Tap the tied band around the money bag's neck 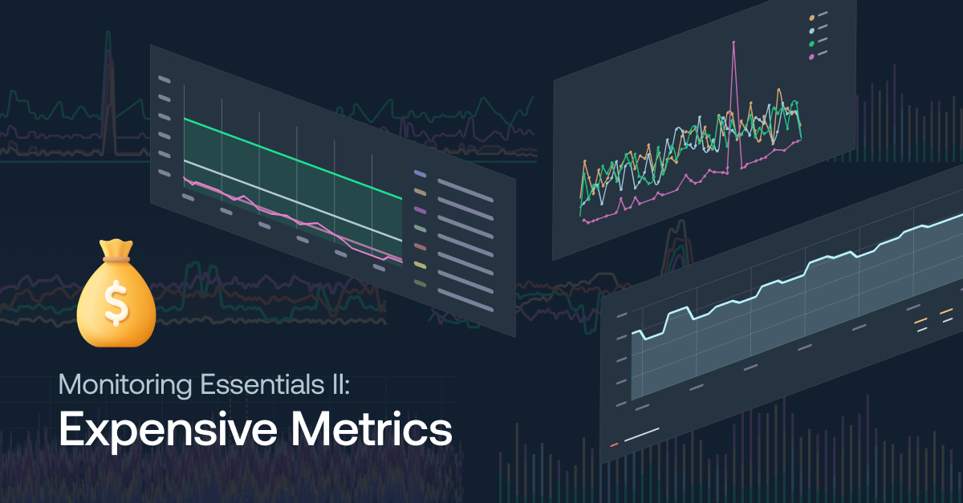click(x=116, y=259)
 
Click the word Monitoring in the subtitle click(x=125, y=385)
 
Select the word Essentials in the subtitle click(x=262, y=384)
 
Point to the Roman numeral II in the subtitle click(x=339, y=384)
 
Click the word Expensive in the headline click(x=168, y=430)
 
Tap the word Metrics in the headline click(x=372, y=428)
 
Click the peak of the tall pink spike click(x=733, y=43)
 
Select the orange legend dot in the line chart click(x=811, y=18)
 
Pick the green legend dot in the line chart click(x=811, y=44)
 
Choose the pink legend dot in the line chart click(x=811, y=57)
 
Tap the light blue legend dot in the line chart click(x=811, y=31)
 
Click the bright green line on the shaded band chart click(x=293, y=159)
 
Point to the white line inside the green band click(x=293, y=201)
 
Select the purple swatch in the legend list click(x=420, y=211)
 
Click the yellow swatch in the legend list click(x=420, y=266)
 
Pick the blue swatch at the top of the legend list click(x=420, y=174)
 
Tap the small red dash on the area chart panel click(x=615, y=444)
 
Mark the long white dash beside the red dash click(x=642, y=435)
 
